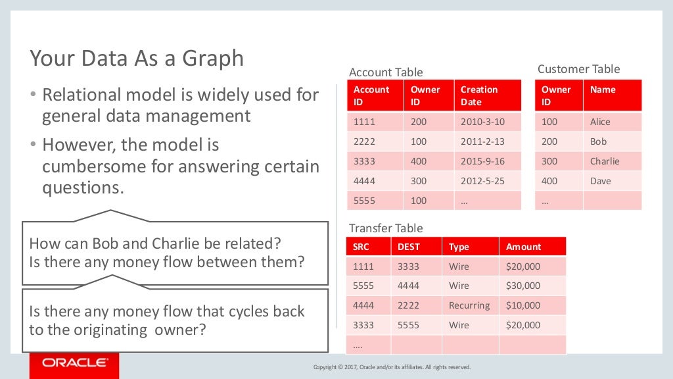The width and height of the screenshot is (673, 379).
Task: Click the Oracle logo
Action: point(74,363)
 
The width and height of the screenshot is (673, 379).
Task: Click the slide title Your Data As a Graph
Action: point(137,59)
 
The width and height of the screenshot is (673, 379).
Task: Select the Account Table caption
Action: point(386,72)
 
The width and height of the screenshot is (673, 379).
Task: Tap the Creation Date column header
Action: point(479,95)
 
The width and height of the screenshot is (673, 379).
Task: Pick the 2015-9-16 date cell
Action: point(482,161)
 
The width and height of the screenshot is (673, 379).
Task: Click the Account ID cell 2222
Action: point(365,141)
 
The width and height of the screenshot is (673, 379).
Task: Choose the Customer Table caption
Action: point(578,69)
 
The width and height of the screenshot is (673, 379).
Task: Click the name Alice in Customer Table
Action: point(600,122)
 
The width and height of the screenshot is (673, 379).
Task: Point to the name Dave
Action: point(600,181)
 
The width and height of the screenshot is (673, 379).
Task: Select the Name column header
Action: point(603,89)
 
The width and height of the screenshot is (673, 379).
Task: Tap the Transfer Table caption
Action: point(386,228)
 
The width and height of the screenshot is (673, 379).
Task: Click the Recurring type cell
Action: point(469,305)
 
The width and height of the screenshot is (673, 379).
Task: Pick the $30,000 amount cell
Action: point(523,286)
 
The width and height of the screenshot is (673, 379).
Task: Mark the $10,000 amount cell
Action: point(523,305)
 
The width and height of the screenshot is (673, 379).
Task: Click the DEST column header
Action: point(409,247)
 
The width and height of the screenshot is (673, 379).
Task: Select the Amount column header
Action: point(524,247)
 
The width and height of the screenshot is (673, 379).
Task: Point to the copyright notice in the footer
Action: point(392,367)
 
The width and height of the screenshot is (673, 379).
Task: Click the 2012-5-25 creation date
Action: point(482,181)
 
